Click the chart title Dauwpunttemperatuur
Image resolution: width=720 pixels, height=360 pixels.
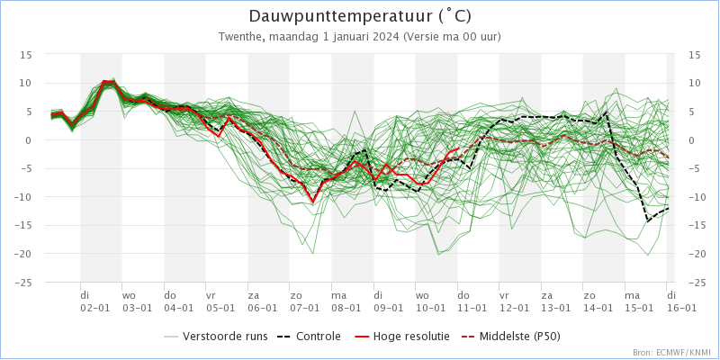pos(346,16)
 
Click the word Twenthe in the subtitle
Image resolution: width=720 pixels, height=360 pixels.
pos(240,37)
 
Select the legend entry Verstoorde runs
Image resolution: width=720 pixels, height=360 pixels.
pos(224,337)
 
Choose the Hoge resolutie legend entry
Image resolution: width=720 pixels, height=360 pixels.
pos(404,337)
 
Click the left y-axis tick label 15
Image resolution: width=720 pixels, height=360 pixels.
pos(27,54)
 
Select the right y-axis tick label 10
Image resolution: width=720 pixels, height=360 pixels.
pos(694,83)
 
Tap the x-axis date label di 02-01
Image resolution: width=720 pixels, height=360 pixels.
pos(95,301)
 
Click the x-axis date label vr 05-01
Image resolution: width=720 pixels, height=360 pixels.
pos(221,301)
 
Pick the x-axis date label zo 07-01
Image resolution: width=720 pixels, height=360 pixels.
pos(304,301)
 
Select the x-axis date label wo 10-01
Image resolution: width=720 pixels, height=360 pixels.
pos(430,301)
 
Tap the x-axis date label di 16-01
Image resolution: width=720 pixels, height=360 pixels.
pos(681,301)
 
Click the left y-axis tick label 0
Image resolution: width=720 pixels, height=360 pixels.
pos(30,139)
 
